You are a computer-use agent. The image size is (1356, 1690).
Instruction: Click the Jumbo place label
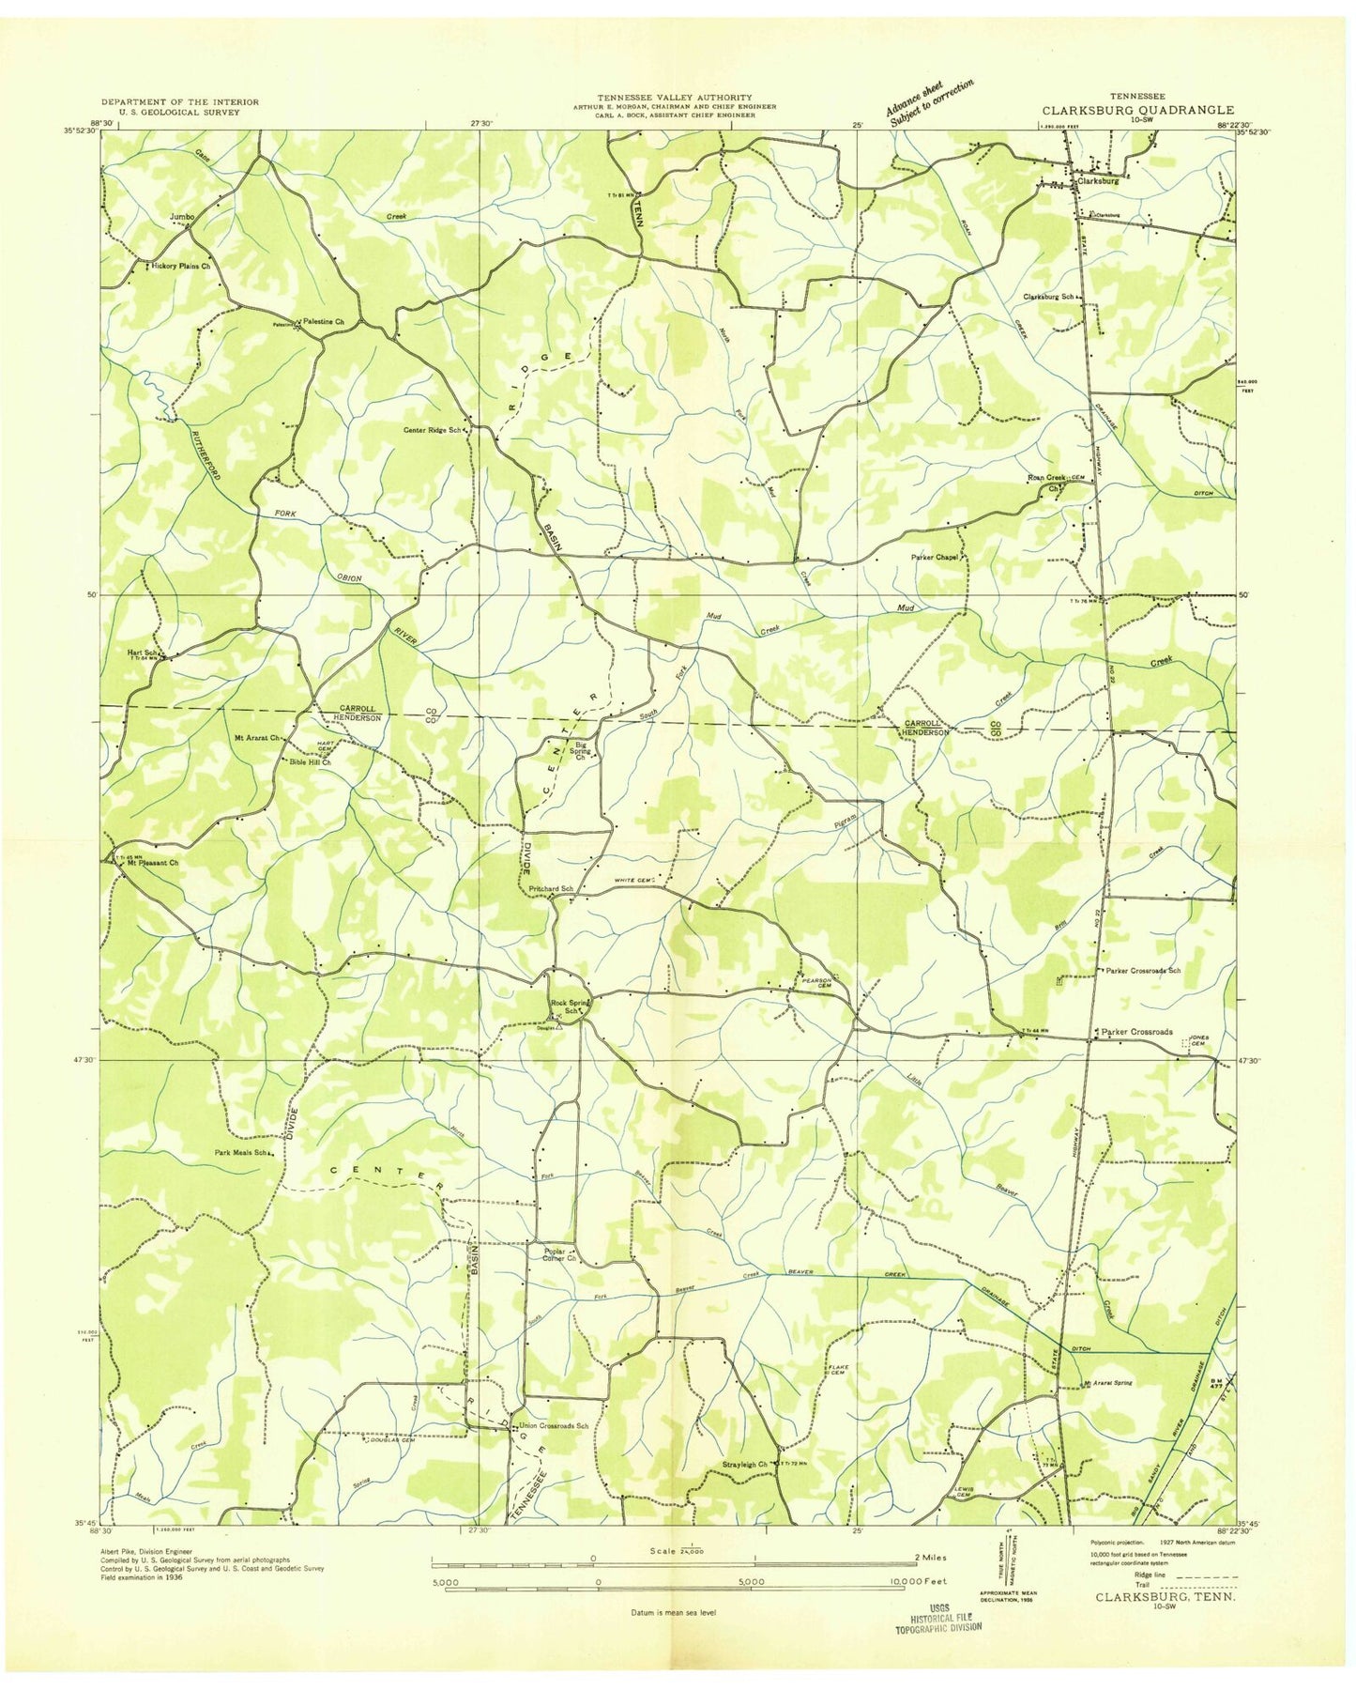coord(182,216)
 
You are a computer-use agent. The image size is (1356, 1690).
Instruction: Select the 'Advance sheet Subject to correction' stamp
coord(930,99)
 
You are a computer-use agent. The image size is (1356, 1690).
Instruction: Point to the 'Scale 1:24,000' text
coord(673,1552)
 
